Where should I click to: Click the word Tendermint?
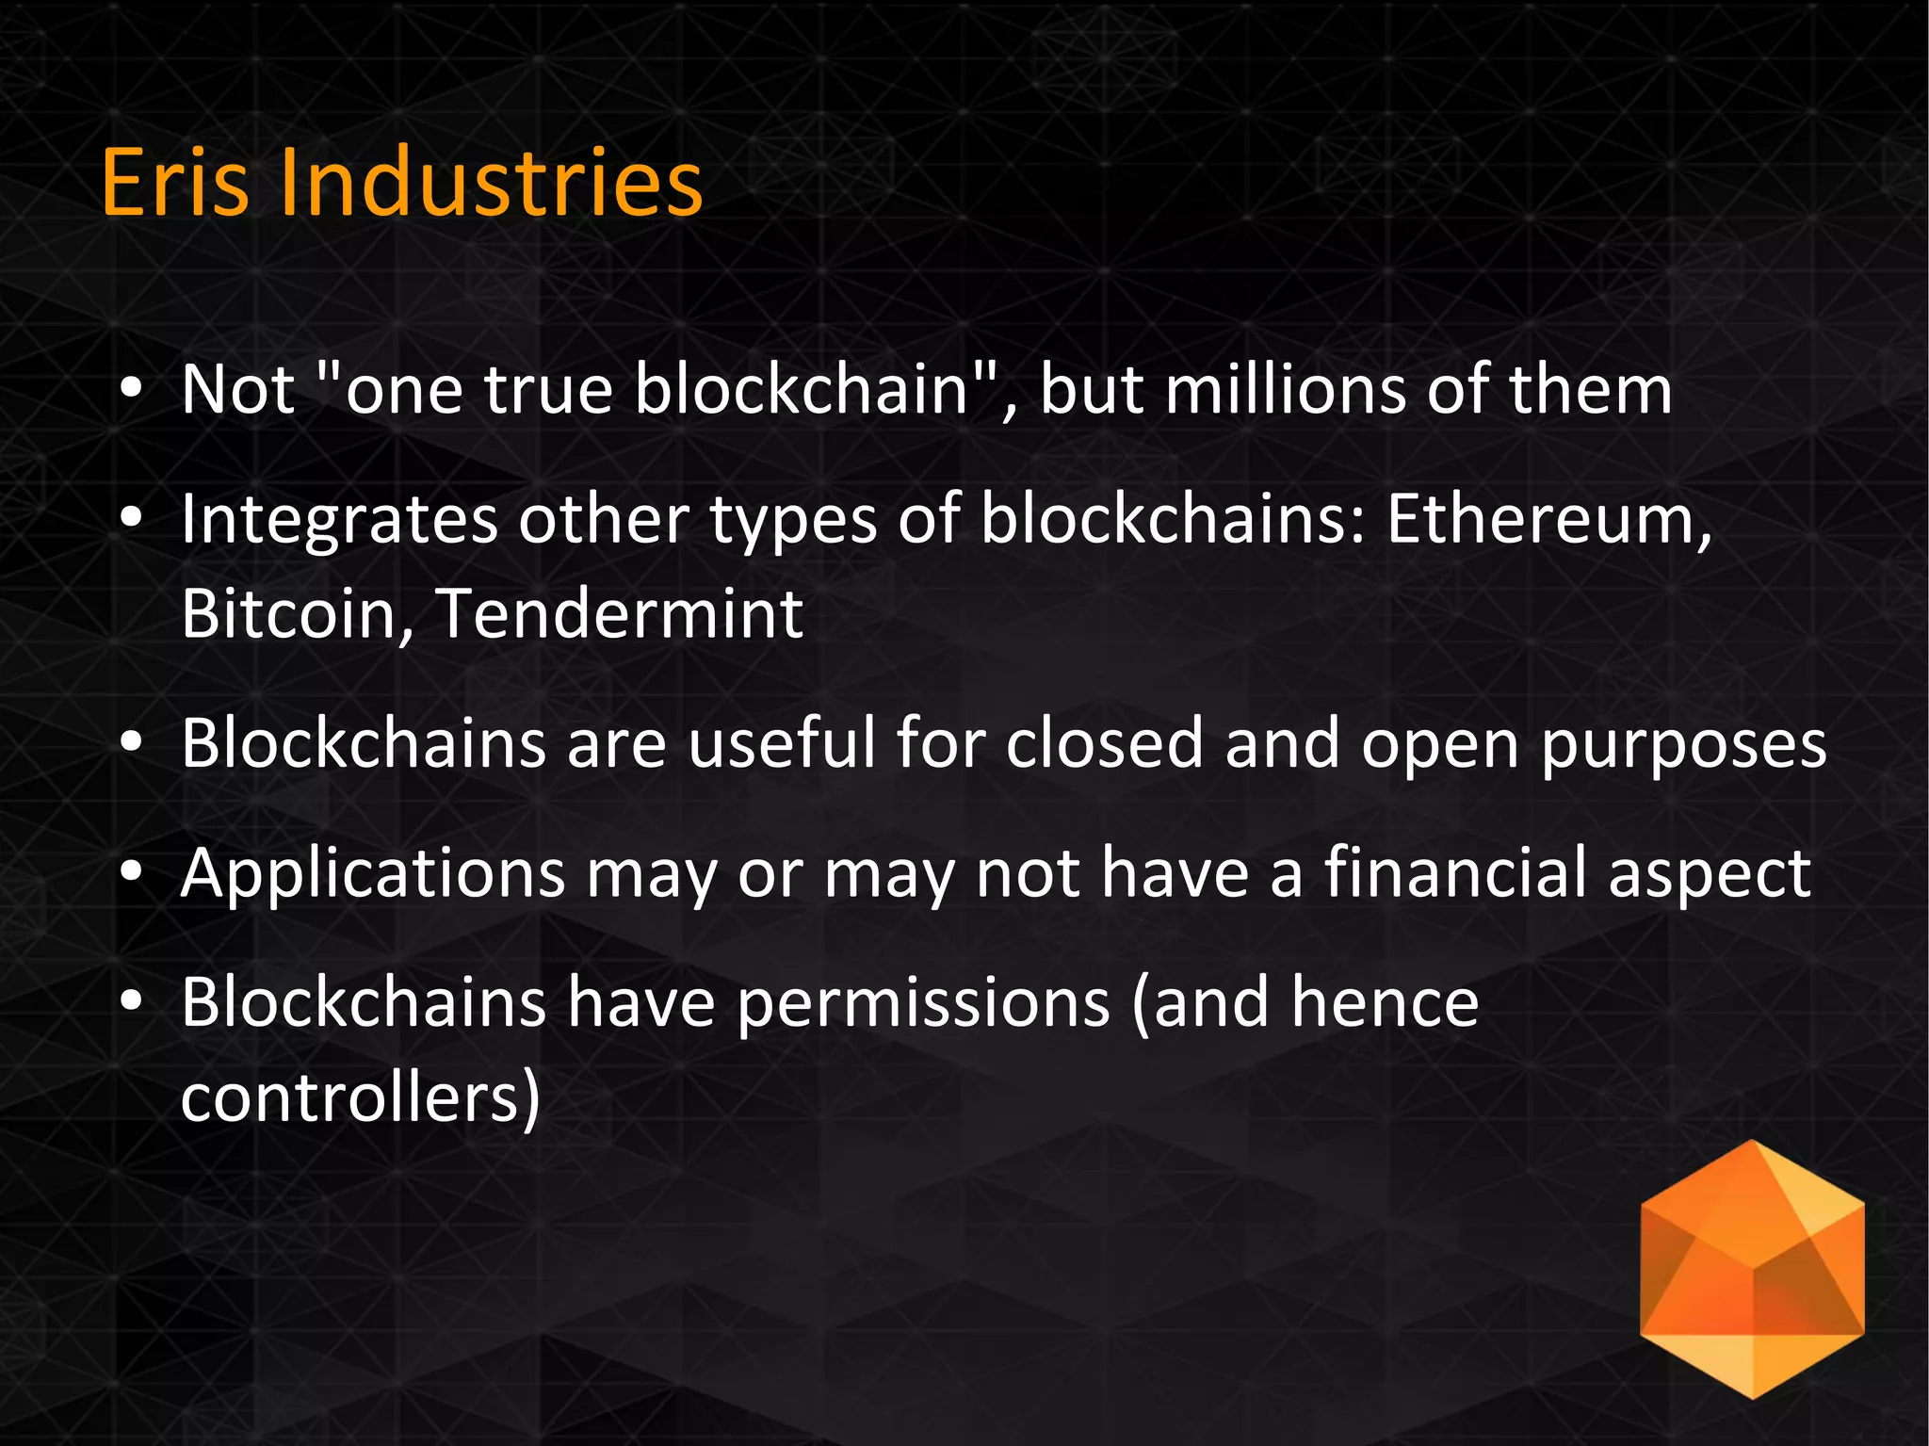pyautogui.click(x=620, y=613)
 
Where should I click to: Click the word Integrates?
pyautogui.click(x=339, y=521)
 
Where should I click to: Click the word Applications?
pyautogui.click(x=373, y=875)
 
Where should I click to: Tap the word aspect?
pyautogui.click(x=1709, y=875)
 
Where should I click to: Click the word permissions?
pyautogui.click(x=924, y=1004)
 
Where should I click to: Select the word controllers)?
pyautogui.click(x=361, y=1097)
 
